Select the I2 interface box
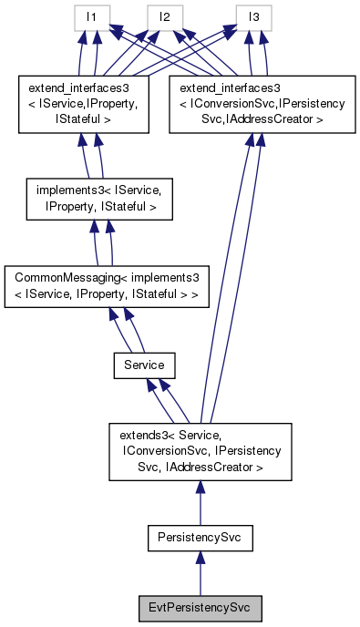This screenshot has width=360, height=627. tap(164, 17)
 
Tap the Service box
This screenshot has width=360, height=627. tap(143, 365)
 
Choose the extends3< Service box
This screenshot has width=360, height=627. tap(200, 451)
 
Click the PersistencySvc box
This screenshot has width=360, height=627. tap(200, 539)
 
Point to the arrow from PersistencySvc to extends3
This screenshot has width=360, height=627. tap(200, 504)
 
